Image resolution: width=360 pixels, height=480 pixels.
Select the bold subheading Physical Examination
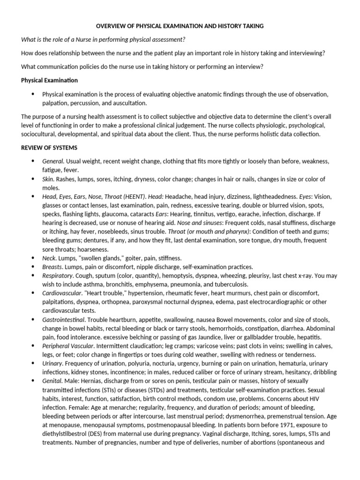[x=49, y=80]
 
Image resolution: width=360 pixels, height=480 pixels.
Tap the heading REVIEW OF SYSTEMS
[x=49, y=148]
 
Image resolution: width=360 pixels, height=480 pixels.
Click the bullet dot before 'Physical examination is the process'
[x=33, y=94]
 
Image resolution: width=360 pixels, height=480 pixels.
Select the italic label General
[x=52, y=161]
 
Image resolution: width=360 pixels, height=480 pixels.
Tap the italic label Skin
[x=48, y=179]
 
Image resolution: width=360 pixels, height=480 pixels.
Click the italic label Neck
[x=49, y=258]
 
